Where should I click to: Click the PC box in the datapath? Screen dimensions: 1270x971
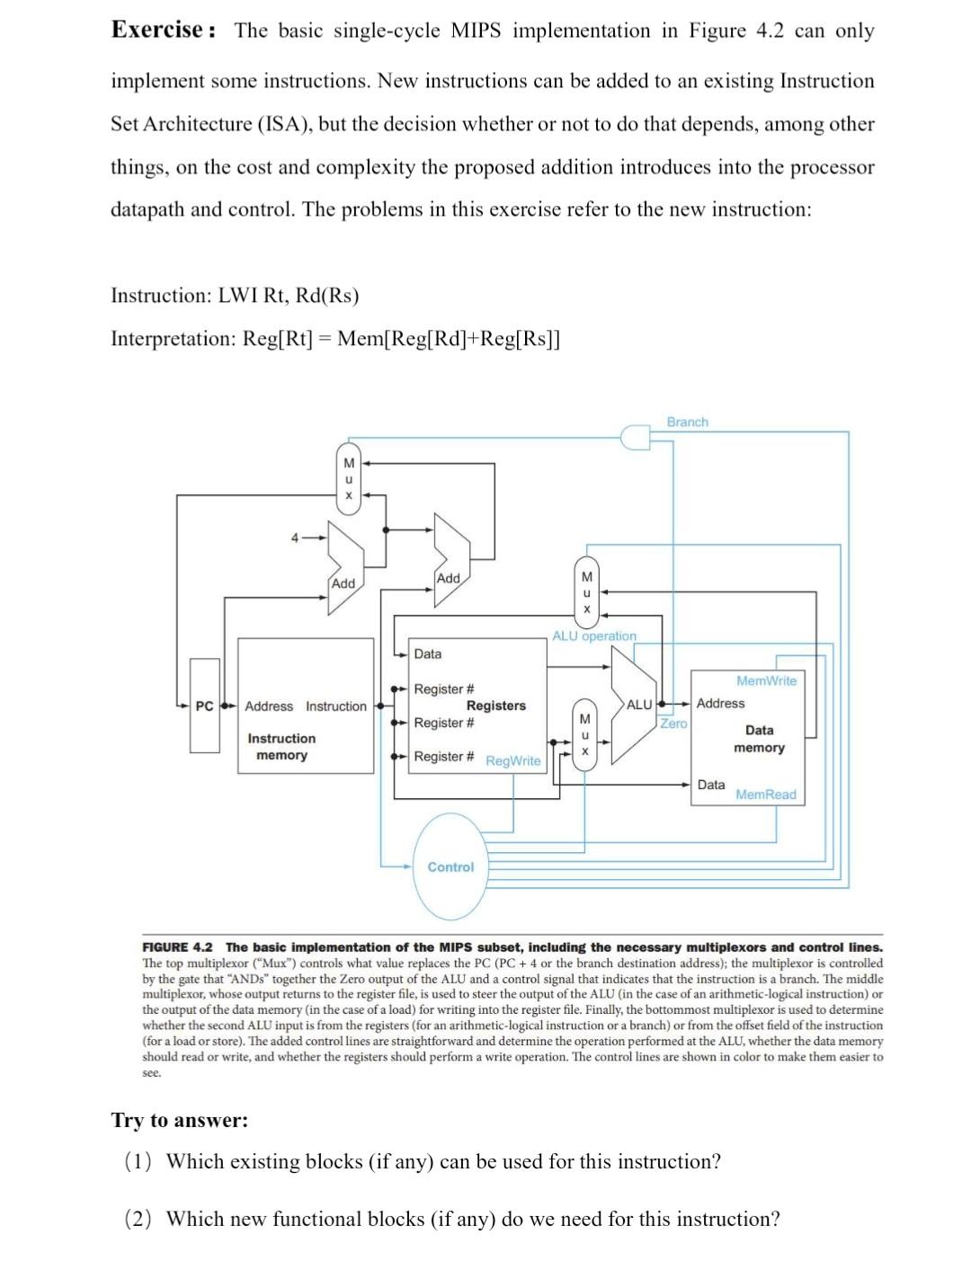[204, 706]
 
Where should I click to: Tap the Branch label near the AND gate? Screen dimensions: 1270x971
[687, 422]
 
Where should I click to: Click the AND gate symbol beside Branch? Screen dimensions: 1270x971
[635, 436]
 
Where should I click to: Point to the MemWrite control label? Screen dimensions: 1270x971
[766, 680]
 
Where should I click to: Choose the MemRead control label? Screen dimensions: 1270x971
[765, 795]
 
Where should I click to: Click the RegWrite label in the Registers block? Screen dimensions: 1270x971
[513, 760]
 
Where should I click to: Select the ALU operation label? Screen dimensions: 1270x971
[593, 635]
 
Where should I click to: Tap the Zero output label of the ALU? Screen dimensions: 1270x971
[673, 723]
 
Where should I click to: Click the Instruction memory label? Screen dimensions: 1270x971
[281, 747]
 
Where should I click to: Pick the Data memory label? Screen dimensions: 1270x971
[759, 739]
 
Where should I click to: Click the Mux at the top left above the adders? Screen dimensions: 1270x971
[348, 479]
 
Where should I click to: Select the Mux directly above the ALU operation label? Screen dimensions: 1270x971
[586, 592]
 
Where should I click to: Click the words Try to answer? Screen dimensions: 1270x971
[180, 1120]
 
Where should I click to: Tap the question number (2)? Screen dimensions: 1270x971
[138, 1219]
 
